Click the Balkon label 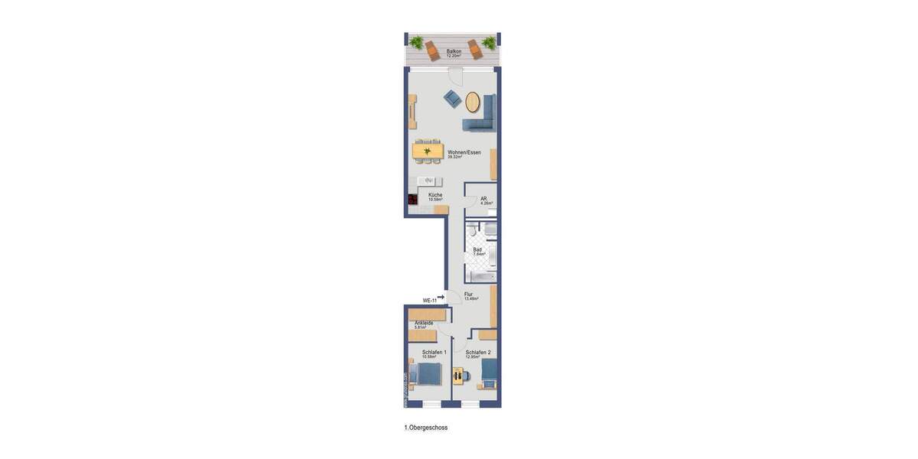click(454, 52)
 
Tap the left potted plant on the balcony click(416, 42)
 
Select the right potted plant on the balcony click(488, 43)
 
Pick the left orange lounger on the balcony click(433, 51)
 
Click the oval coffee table click(473, 103)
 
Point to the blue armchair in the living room click(452, 99)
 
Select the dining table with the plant click(428, 151)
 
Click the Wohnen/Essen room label click(464, 153)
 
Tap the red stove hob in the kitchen click(412, 199)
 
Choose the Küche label click(435, 196)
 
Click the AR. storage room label click(485, 200)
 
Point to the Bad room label click(477, 250)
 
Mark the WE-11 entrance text click(429, 301)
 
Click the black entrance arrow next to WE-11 click(441, 298)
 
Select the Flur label click(469, 295)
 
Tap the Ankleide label click(424, 324)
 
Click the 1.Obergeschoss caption click(426, 428)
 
